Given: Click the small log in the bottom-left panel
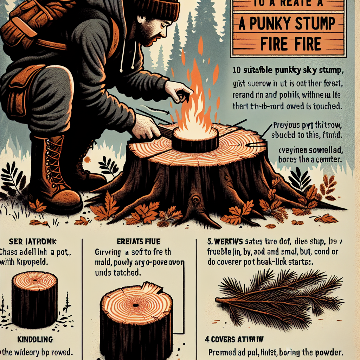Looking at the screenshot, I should point(34,299).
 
